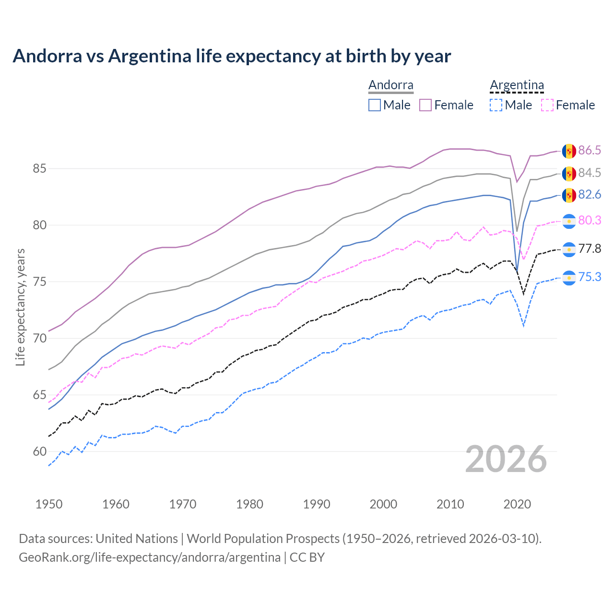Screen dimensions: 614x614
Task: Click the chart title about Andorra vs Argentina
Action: (232, 56)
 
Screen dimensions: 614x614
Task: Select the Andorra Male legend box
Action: (375, 105)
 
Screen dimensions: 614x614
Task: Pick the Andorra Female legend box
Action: (425, 105)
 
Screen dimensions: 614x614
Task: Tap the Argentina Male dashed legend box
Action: (496, 105)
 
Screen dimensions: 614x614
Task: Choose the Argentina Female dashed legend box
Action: (547, 105)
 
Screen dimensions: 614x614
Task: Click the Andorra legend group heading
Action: (390, 85)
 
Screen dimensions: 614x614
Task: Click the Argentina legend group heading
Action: (517, 85)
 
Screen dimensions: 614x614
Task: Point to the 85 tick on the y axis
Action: (39, 169)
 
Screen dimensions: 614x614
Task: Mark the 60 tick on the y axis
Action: (39, 452)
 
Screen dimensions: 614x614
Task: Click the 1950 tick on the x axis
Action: (49, 504)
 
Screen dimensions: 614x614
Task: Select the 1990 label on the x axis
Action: (317, 504)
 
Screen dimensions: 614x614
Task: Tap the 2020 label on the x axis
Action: (517, 504)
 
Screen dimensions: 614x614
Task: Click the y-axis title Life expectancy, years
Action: (20, 307)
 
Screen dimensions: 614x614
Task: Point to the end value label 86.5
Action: (590, 151)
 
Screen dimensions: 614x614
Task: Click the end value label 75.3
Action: (590, 277)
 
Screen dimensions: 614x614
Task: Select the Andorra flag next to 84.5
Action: (569, 173)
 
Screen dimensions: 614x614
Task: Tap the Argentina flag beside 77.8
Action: (569, 249)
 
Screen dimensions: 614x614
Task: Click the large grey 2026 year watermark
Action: (506, 459)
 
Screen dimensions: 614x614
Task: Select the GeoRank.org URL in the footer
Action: (149, 557)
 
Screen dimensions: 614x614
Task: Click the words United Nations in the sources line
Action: (137, 539)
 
